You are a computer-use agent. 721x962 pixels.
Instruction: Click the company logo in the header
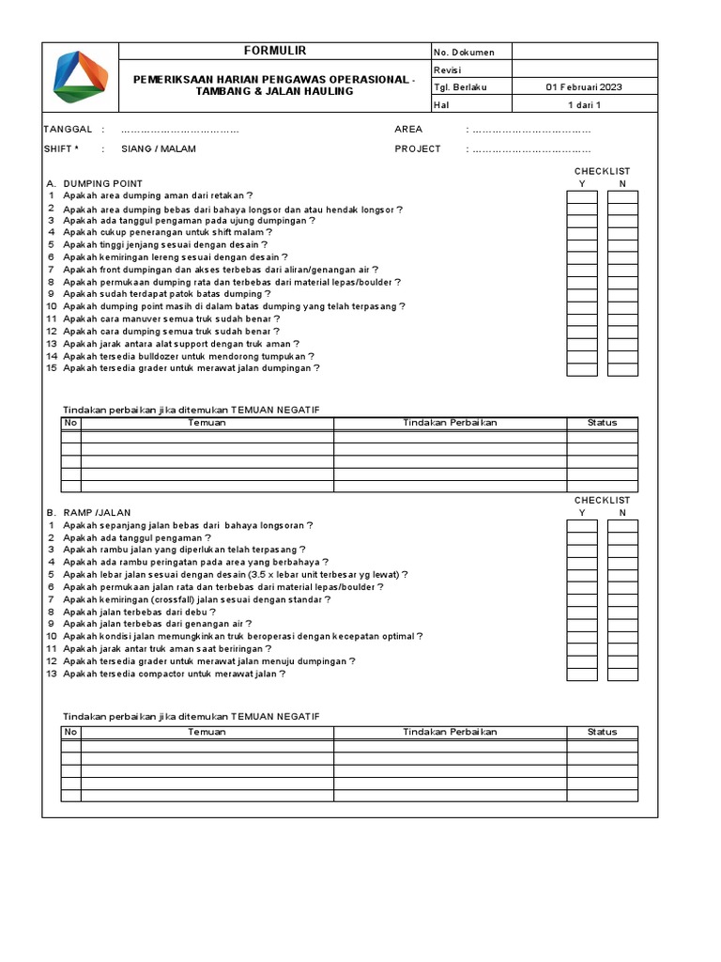81,77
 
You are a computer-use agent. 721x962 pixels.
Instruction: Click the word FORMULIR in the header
275,51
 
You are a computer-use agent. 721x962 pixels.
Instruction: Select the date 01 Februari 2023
584,87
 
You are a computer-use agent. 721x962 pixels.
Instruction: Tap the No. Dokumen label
464,53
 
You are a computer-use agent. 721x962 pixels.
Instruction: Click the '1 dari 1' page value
584,105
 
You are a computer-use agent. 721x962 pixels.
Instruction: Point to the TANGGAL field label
68,130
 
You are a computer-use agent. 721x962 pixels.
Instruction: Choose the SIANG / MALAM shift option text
159,149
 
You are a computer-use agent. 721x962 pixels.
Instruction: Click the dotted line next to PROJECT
531,149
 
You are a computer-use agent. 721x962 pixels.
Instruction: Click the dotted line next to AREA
531,130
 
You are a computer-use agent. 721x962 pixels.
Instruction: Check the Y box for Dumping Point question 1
582,196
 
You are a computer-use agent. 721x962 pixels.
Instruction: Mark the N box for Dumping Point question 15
622,369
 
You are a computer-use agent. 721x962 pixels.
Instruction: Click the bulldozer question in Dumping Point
189,356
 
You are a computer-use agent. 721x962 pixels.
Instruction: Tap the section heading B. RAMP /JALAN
89,512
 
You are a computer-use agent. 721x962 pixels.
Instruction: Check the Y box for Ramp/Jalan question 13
582,674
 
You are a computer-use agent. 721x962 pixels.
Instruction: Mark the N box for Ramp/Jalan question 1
622,525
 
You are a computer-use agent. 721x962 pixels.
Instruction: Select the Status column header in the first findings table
602,423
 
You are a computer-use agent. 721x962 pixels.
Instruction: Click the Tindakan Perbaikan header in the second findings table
450,732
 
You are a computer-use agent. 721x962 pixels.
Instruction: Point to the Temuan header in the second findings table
207,732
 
